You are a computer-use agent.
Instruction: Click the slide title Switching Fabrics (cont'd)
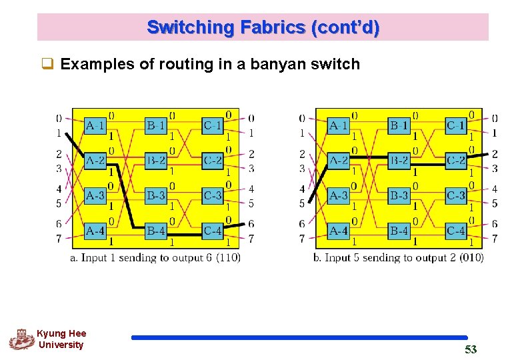tap(263, 28)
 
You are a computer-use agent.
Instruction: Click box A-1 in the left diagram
tap(95, 125)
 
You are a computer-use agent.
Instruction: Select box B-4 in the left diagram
tap(155, 231)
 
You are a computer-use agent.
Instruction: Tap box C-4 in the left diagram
tap(212, 231)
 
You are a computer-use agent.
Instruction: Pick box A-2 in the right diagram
tap(339, 160)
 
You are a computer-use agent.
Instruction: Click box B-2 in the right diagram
tap(399, 160)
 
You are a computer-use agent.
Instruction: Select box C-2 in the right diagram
tap(456, 160)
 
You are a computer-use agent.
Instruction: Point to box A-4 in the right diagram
tap(339, 231)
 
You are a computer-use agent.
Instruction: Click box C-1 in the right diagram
tap(456, 125)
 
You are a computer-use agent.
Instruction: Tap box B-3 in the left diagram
tap(155, 195)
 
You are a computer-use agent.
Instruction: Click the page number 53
tap(471, 349)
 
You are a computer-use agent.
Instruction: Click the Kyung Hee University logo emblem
tap(21, 339)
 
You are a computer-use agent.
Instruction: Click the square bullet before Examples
tap(47, 65)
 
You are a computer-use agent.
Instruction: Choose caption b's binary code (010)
tap(471, 257)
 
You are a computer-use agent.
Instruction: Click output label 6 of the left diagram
tap(251, 224)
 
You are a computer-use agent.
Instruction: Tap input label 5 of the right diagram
tap(302, 203)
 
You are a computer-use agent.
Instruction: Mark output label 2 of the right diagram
tap(494, 154)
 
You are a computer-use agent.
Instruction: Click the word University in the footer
tap(61, 345)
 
